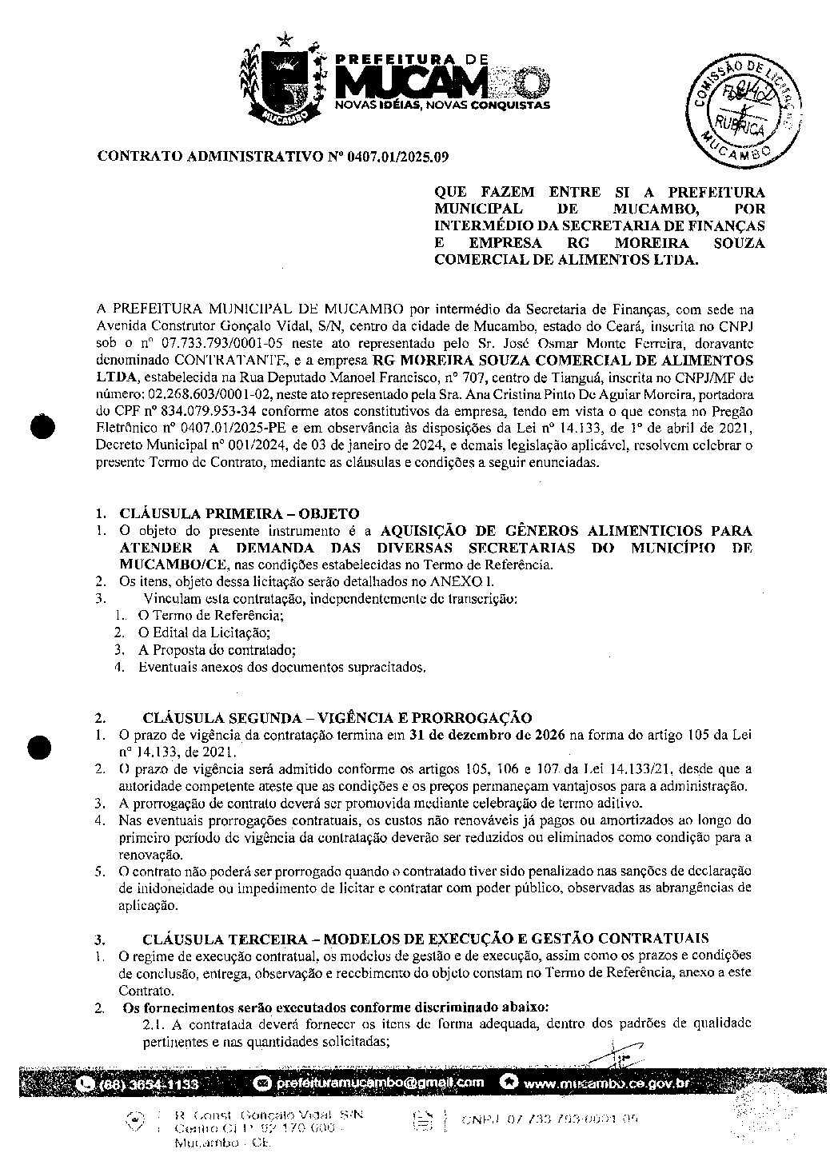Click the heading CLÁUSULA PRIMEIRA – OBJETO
[x=239, y=513]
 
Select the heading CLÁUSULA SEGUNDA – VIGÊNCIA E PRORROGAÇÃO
[x=337, y=717]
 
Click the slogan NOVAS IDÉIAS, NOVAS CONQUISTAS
[x=441, y=105]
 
